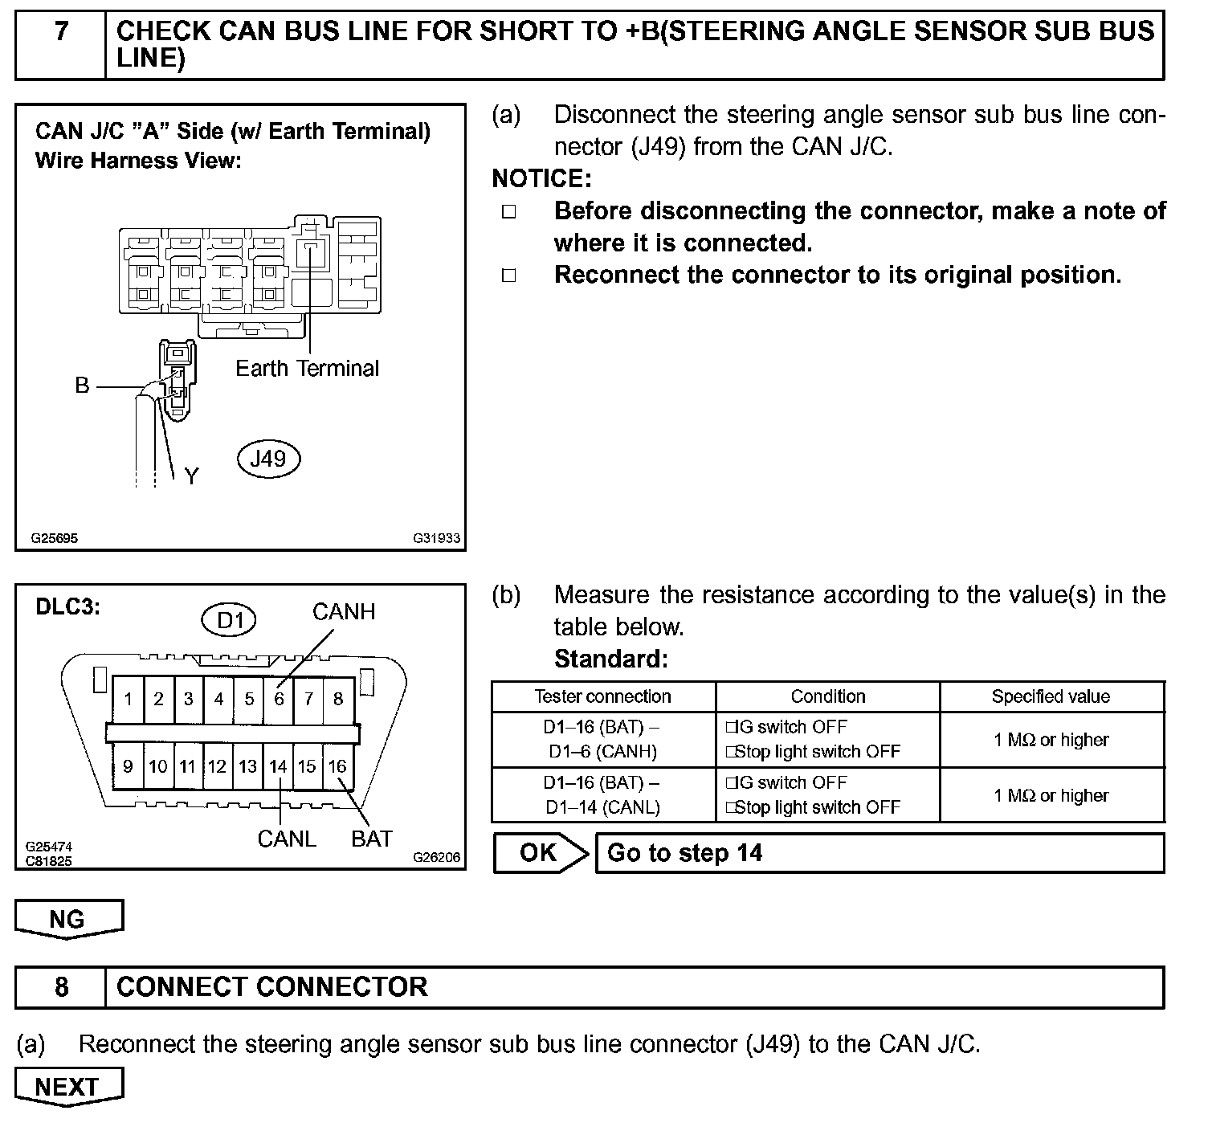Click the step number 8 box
click(61, 987)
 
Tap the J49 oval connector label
click(268, 459)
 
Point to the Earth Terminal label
click(307, 369)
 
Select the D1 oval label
click(229, 620)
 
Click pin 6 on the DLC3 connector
click(279, 699)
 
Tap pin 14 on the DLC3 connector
click(278, 766)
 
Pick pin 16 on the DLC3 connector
click(337, 766)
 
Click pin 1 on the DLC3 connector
click(128, 699)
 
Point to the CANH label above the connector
click(344, 612)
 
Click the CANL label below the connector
click(287, 839)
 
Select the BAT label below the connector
click(372, 839)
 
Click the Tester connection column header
click(603, 696)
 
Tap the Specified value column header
click(1051, 696)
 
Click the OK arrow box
click(540, 853)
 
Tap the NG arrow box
click(68, 919)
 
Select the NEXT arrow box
click(68, 1087)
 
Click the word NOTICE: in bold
click(541, 178)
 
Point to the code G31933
click(437, 538)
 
